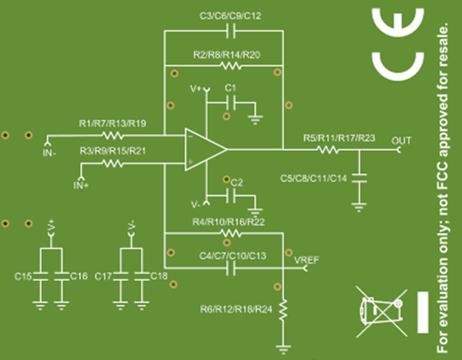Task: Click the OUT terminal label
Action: coord(402,140)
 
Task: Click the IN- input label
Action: coord(49,152)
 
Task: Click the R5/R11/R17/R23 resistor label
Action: coord(338,138)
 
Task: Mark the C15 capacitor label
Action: coord(24,276)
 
